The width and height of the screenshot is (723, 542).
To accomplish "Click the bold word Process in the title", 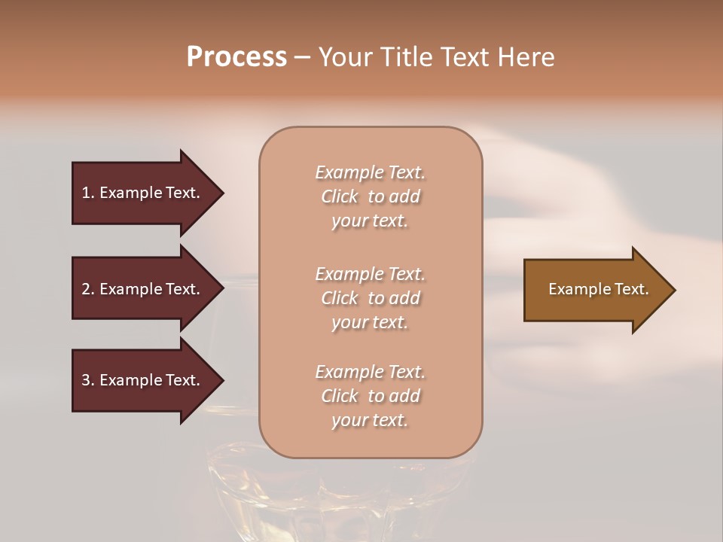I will point(236,57).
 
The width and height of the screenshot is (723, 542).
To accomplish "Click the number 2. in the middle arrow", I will point(88,289).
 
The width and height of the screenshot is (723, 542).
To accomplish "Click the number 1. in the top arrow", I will point(88,193).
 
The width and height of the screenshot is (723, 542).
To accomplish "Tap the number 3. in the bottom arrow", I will point(88,380).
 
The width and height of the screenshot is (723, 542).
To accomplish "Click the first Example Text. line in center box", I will point(370,172).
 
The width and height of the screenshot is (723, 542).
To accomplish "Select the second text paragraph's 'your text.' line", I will point(370,322).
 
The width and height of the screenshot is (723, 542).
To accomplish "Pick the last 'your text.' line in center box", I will point(370,420).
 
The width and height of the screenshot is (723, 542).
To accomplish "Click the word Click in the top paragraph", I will point(340,196).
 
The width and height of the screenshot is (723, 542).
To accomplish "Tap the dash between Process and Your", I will point(302,57).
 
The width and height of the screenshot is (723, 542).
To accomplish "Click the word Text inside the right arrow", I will point(631,289).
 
